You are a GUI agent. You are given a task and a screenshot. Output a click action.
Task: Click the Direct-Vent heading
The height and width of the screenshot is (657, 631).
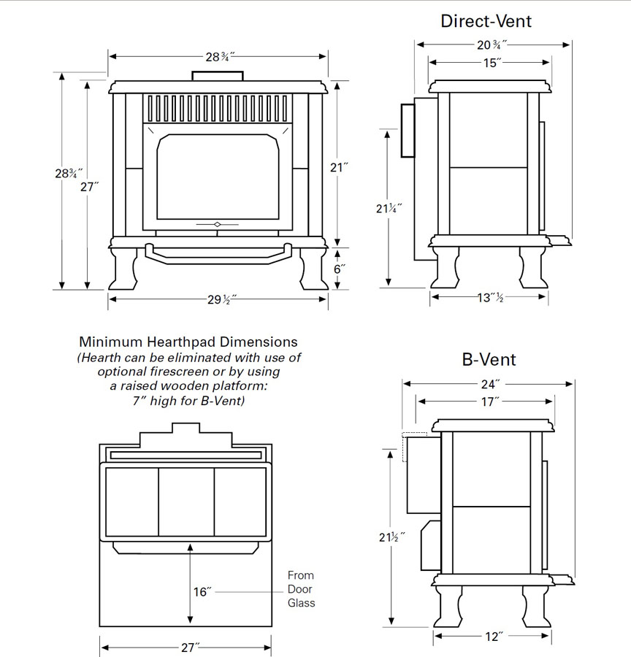[486, 20]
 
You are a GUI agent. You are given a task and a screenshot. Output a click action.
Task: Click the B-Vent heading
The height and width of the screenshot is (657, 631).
[489, 359]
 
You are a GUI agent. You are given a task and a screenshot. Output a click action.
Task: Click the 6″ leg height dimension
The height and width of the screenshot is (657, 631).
[338, 269]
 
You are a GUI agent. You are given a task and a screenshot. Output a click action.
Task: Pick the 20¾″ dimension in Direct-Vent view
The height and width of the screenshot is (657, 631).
[492, 45]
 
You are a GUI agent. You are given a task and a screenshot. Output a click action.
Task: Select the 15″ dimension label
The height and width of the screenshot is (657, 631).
[492, 63]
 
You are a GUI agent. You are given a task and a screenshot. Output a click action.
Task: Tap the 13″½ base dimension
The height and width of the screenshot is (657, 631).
[489, 297]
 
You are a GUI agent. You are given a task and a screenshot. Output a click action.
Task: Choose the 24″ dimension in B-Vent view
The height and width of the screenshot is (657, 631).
[491, 383]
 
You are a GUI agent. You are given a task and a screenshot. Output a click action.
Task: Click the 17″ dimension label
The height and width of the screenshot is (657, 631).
[491, 401]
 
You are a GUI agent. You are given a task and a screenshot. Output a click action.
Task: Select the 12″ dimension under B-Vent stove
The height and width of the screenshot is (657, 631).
[493, 637]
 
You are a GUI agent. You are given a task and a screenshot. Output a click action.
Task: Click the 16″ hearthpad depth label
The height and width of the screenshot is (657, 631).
[202, 592]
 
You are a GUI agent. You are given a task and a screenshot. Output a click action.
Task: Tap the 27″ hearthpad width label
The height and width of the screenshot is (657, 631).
[187, 647]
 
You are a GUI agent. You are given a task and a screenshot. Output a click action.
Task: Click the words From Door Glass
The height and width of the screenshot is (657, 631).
[301, 589]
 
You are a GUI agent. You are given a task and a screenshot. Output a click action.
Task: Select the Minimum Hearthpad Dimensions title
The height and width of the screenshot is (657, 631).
[188, 342]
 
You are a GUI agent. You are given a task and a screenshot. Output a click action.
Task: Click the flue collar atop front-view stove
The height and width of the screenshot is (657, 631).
[218, 76]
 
